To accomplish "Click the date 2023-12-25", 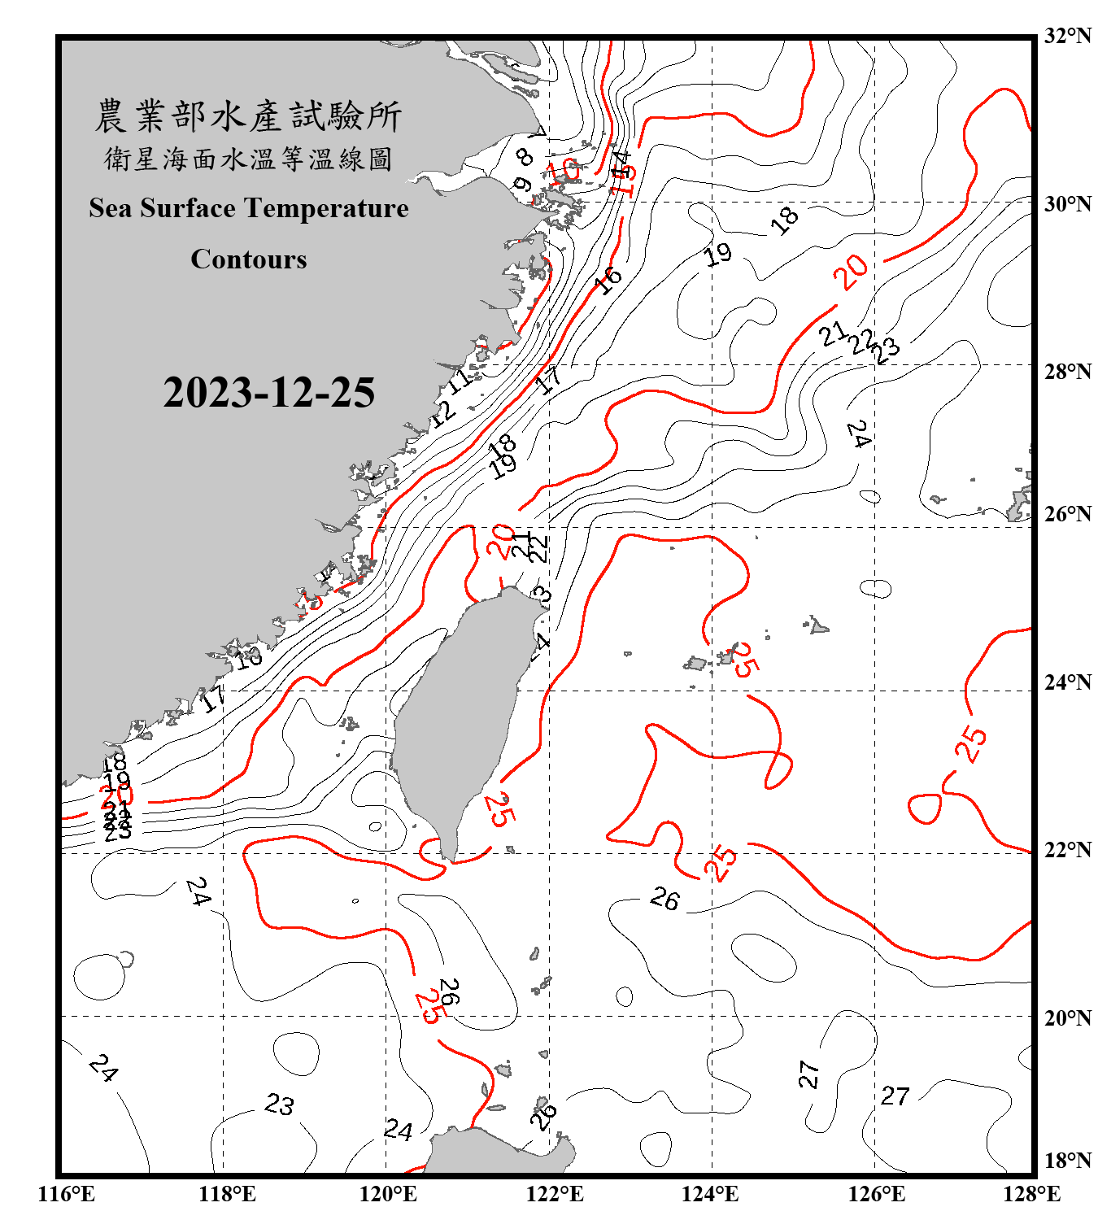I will (268, 392).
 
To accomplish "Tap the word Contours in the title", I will (249, 259).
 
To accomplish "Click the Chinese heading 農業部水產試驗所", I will (249, 115).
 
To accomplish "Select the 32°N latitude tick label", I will (1067, 36).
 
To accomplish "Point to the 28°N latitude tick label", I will (1067, 371).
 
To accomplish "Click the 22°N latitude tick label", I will (1067, 850).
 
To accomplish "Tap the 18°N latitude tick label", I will (1067, 1161).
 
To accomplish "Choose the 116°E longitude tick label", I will (67, 1194).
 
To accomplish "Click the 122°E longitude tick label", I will (555, 1194).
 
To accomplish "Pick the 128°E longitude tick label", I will (1031, 1194).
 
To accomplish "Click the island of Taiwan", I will (460, 716).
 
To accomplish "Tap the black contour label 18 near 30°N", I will (785, 220).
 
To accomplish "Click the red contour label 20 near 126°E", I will (851, 272).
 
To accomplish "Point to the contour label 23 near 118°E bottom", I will (279, 1105).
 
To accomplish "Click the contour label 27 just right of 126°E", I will (895, 1096).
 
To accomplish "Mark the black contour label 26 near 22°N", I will (664, 899).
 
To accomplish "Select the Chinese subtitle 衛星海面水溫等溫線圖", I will (249, 159).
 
